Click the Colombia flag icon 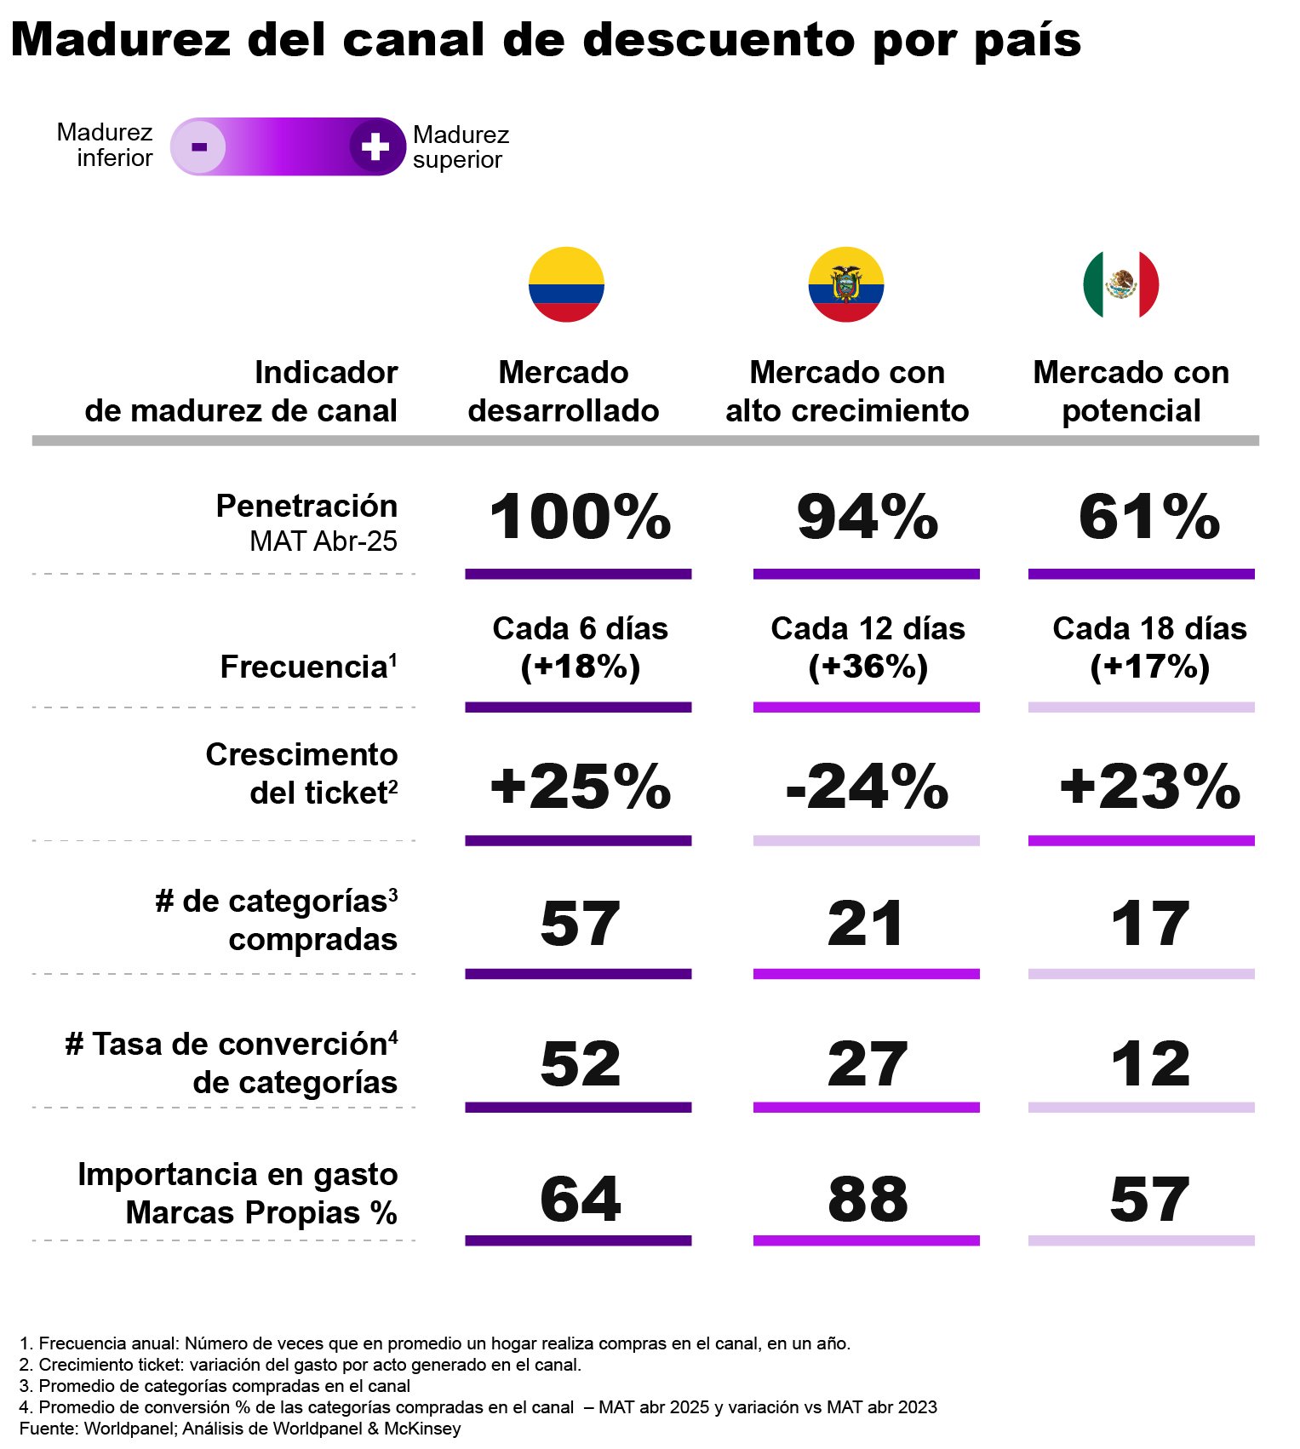(x=566, y=284)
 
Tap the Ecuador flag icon (x=845, y=284)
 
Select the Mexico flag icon (x=1120, y=284)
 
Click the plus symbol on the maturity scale (x=375, y=146)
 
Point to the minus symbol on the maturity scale (x=199, y=146)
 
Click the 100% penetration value (x=580, y=517)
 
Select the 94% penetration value (x=867, y=517)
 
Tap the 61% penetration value (x=1148, y=517)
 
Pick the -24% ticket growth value (x=867, y=787)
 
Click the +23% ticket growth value (x=1148, y=787)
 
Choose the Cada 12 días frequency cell (x=867, y=647)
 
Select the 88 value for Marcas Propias (x=867, y=1199)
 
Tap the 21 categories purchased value (x=865, y=924)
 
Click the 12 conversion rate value (x=1149, y=1064)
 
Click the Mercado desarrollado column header (x=563, y=392)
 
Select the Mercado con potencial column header (x=1131, y=392)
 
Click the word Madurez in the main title (x=121, y=39)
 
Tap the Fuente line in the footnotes (x=239, y=1428)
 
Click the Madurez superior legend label (x=461, y=147)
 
